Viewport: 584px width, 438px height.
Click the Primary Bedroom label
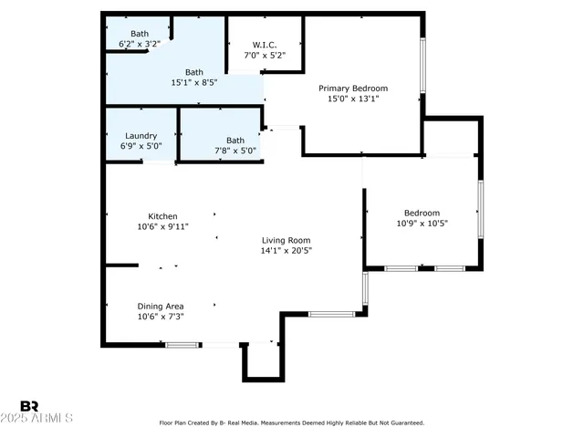click(x=352, y=89)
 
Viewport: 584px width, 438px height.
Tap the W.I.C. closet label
click(x=265, y=45)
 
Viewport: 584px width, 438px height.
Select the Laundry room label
click(x=141, y=135)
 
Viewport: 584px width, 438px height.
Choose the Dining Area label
click(x=161, y=306)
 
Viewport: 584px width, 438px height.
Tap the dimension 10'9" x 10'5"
click(x=422, y=223)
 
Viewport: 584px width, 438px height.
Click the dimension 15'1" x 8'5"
click(x=195, y=82)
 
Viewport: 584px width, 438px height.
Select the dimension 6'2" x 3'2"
click(x=140, y=44)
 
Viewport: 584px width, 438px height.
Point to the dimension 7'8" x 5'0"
click(x=235, y=151)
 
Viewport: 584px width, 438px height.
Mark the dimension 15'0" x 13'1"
click(x=352, y=99)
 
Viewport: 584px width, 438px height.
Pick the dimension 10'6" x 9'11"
click(x=162, y=227)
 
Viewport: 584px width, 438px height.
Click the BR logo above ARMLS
click(x=29, y=406)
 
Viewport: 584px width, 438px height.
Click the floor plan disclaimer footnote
click(x=292, y=422)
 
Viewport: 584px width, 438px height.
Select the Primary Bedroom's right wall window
click(x=422, y=65)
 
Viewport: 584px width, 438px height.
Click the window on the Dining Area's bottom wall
click(x=182, y=344)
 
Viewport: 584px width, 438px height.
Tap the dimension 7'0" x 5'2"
click(x=265, y=55)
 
